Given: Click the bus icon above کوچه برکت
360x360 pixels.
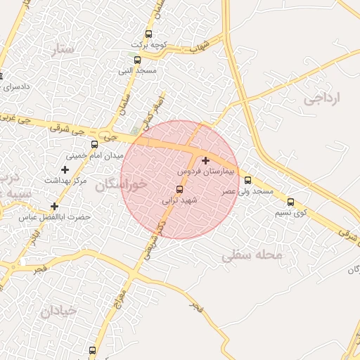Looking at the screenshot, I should pos(148,34).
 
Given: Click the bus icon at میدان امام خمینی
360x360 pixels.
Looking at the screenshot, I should pos(94,145).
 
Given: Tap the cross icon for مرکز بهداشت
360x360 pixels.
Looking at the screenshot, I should pos(65,169).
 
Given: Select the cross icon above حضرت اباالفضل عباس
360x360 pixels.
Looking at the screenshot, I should pos(54,206).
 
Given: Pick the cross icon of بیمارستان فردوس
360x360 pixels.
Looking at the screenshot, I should pos(205,160).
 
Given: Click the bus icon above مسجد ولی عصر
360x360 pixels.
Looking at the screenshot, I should pos(247,180).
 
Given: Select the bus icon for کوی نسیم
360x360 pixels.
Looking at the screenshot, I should pos(291,202).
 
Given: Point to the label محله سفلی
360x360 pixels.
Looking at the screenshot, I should pos(252,256).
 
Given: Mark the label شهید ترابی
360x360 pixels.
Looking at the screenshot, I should pos(178,200).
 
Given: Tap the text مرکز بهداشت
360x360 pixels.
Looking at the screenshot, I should pos(65,181).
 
